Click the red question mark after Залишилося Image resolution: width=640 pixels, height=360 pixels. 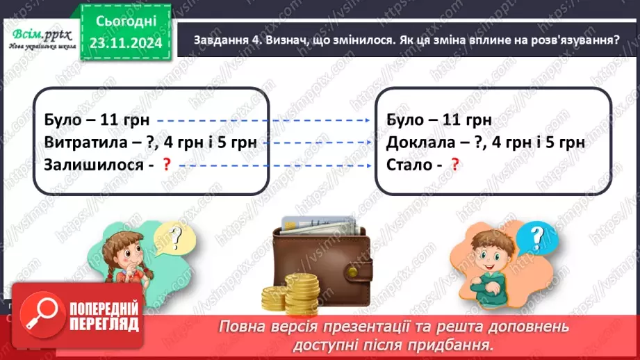pos(166,165)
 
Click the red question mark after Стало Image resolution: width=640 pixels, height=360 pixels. pos(455,165)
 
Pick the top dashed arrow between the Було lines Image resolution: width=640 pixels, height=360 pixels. pos(263,120)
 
